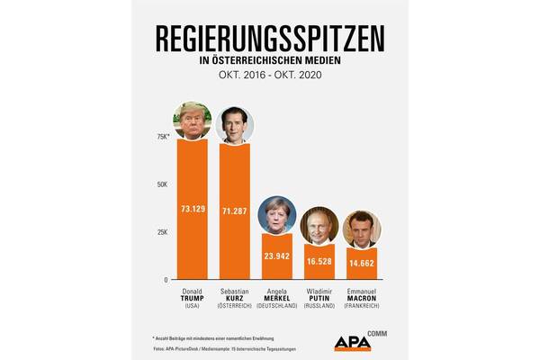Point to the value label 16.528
coord(319,260)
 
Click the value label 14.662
coord(362,263)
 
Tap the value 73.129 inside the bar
coord(191,210)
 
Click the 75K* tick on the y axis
coord(163,137)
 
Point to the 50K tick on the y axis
coord(163,184)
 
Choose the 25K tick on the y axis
coord(163,232)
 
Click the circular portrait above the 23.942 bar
coord(276,214)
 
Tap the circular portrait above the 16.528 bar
coord(319,228)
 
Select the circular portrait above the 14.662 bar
coord(362,229)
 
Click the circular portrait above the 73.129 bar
coord(191,121)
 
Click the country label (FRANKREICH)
coord(362,307)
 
